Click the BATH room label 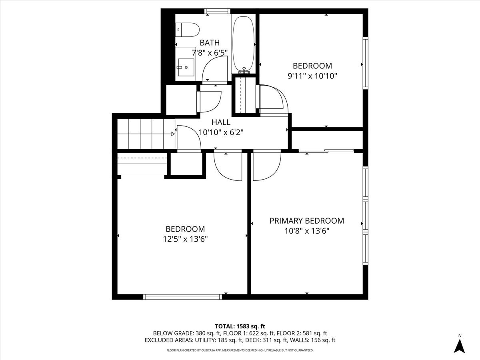tap(210, 42)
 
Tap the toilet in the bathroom tap(187, 30)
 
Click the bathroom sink tap(185, 68)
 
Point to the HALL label tap(221, 122)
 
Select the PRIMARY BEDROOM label tap(306, 221)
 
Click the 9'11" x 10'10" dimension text tap(312, 76)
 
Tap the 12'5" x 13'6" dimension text tap(185, 239)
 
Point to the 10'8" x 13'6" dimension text tap(306, 231)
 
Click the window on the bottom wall tap(183, 296)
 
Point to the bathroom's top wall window tap(218, 11)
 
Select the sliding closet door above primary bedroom tap(326, 151)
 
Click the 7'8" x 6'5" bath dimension tap(210, 52)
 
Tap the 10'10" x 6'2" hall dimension tap(221, 132)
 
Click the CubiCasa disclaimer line tap(240, 350)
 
